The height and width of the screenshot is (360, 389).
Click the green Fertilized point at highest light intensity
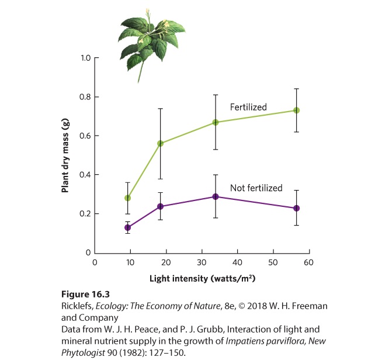[x=297, y=110]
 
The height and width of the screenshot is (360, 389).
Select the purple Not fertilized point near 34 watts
[x=216, y=196]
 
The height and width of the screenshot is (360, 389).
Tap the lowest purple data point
[x=127, y=227]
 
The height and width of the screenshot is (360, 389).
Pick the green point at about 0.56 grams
[x=161, y=144]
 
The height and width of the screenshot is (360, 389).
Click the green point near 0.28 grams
[x=127, y=198]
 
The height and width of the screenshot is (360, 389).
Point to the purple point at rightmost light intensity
[x=297, y=208]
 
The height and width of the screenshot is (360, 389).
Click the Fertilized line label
[x=248, y=108]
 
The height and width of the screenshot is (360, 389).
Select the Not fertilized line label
[x=256, y=188]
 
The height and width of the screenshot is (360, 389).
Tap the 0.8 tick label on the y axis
[x=85, y=97]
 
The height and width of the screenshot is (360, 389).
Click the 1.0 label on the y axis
[x=86, y=58]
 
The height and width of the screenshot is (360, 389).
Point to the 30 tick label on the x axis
[x=202, y=262]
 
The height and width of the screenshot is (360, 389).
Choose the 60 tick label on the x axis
[x=308, y=262]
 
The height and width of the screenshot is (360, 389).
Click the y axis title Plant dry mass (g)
[x=65, y=155]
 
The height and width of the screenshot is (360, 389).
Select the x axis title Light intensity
[x=203, y=279]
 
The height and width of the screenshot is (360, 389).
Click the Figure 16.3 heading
[x=85, y=294]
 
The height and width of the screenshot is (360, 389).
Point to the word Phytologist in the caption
[x=83, y=352]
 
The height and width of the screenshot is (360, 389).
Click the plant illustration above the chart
[x=152, y=44]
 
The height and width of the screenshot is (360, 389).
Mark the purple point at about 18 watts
[x=161, y=206]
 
